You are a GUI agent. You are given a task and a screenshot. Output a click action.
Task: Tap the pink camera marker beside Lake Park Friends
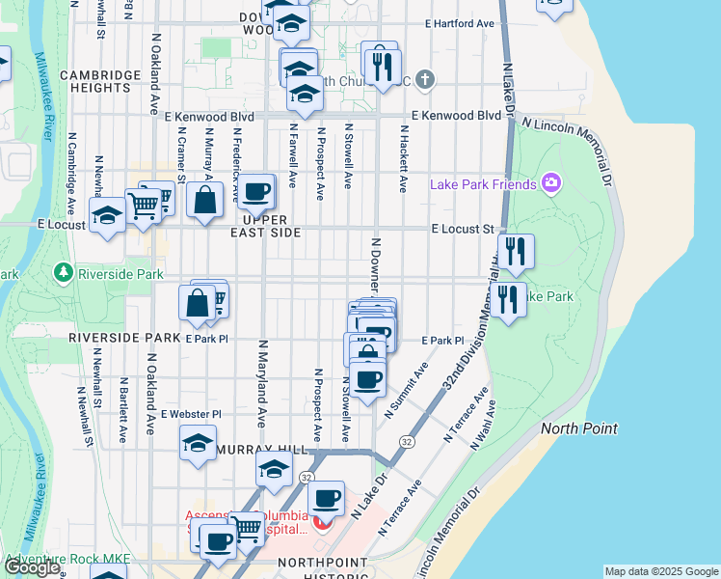[x=550, y=182]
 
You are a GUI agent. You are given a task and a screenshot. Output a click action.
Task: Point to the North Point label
[x=579, y=428]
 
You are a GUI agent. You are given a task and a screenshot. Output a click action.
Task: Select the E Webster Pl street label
[x=191, y=414]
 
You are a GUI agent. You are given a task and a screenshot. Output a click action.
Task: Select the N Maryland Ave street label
[x=261, y=383]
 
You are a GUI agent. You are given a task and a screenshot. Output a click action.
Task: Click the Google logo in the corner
[x=33, y=568]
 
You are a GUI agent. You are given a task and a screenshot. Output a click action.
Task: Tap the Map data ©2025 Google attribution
[x=660, y=571]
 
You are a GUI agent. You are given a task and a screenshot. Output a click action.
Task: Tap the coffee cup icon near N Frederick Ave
[x=256, y=193]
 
